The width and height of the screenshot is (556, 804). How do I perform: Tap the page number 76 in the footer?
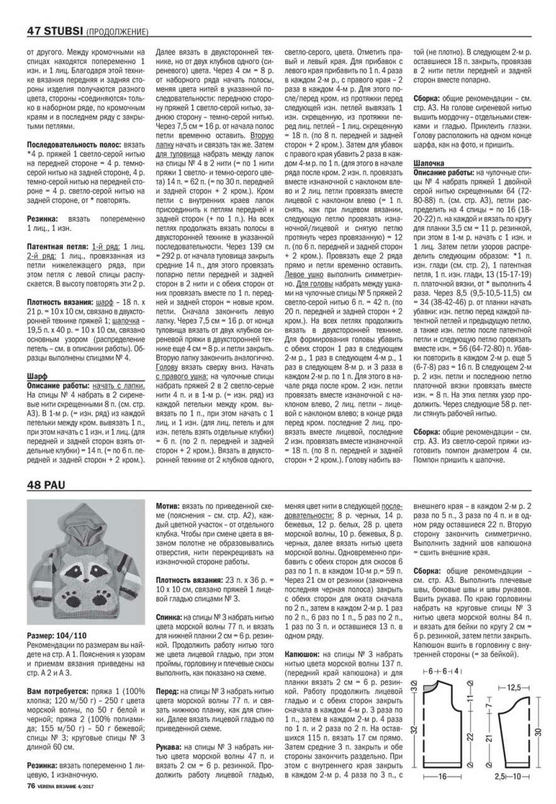pos(30,785)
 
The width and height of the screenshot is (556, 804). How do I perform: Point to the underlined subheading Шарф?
pos(37,376)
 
